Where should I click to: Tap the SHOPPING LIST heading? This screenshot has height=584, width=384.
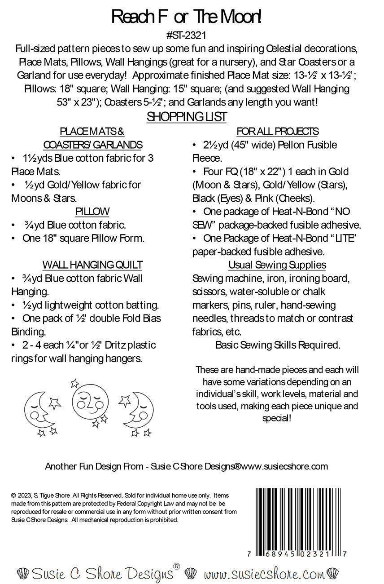187,117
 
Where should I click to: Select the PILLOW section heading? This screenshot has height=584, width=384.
92,212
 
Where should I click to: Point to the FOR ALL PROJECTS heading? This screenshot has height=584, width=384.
277,132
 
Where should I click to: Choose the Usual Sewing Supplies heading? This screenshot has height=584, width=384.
277,265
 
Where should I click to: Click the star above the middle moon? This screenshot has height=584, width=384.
75,384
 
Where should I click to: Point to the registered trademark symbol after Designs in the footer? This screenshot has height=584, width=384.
176,566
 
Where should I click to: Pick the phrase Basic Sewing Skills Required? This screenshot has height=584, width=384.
278,345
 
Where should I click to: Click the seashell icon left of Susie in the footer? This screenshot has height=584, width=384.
22,573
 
